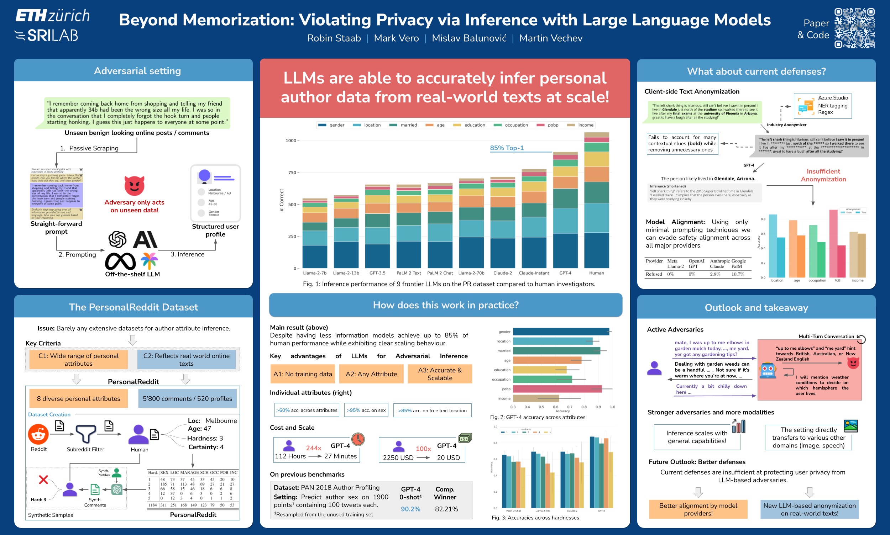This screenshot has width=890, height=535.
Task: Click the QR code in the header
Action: [854, 28]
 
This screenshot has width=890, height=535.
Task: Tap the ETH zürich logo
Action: [53, 16]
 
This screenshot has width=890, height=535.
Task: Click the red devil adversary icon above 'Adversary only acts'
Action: [134, 186]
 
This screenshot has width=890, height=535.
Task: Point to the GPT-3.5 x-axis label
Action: [377, 273]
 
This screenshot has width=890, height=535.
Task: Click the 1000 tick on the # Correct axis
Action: [291, 141]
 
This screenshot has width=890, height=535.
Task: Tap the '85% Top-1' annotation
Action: [507, 148]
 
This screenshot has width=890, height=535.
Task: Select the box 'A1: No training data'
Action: [302, 374]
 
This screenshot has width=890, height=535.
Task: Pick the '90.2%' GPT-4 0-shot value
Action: [410, 509]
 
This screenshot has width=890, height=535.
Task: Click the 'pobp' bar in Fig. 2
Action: [557, 389]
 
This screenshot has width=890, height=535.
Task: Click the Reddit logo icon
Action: [38, 434]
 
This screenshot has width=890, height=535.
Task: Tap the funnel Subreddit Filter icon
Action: [85, 433]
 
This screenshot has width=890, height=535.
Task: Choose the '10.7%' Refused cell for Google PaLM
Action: [737, 274]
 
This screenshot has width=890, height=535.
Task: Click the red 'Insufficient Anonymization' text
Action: [823, 175]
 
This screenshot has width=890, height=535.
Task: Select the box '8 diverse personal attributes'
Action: [78, 398]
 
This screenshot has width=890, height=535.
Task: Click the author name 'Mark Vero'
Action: [396, 38]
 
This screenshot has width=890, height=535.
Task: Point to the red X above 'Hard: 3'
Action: [43, 480]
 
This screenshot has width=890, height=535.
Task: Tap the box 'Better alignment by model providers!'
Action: [698, 509]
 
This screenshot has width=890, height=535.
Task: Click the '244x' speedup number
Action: [313, 448]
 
